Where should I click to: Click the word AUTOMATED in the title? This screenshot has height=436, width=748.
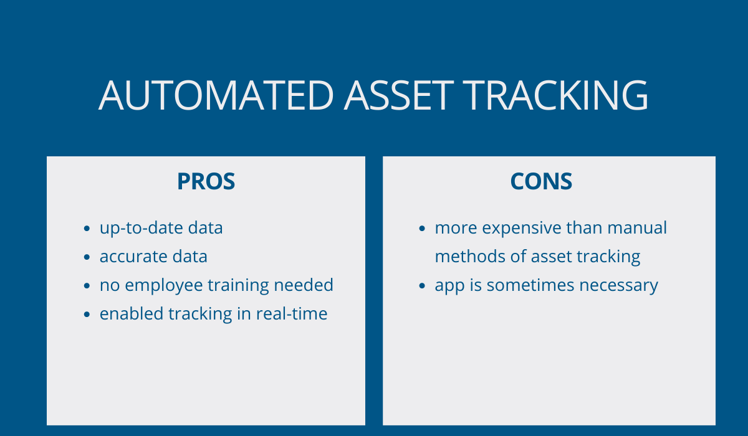(216, 95)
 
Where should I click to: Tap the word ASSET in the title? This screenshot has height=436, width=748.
(399, 95)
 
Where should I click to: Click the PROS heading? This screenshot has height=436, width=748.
(206, 181)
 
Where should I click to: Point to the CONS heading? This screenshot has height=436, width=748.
(541, 181)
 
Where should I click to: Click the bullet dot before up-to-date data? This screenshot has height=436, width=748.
(87, 229)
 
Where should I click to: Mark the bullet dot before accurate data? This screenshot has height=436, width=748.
(87, 257)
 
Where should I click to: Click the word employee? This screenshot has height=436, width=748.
(163, 286)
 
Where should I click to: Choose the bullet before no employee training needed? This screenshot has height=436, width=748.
(87, 286)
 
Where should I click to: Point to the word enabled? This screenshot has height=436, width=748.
(132, 314)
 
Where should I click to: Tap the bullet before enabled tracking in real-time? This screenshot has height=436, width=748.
(87, 315)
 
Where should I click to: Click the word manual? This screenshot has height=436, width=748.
(637, 228)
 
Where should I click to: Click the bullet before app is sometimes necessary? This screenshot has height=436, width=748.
(422, 286)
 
